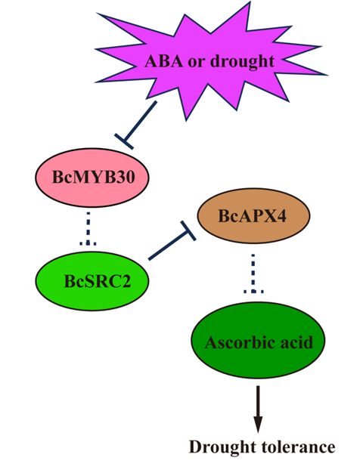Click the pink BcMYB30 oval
[92, 178]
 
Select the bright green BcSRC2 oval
[92, 281]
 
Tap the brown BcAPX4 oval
[253, 215]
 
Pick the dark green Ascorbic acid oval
[258, 340]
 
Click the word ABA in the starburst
[164, 61]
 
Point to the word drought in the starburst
[243, 62]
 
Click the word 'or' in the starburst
[197, 63]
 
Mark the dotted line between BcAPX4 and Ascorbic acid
[253, 274]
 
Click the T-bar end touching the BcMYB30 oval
[124, 141]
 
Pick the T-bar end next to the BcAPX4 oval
[188, 231]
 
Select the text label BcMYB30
[94, 178]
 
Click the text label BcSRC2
[98, 281]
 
